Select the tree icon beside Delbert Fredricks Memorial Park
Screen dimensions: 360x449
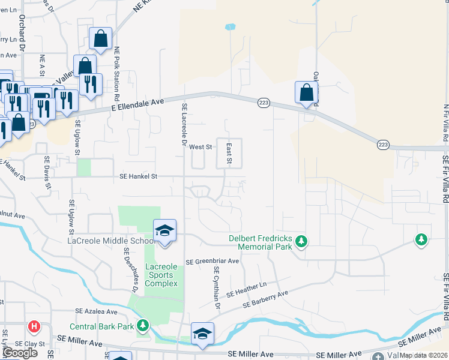pos(301,242)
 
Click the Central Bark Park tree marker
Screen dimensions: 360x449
pos(143,326)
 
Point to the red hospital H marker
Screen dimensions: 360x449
pos(34,327)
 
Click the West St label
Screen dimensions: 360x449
pos(200,146)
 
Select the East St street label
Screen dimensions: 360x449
pos(229,154)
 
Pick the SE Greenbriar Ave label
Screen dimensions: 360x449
pos(212,262)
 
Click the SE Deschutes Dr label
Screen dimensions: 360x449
pos(131,271)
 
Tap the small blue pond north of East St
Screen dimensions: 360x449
pos(229,27)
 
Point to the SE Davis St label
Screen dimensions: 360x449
pos(47,173)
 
